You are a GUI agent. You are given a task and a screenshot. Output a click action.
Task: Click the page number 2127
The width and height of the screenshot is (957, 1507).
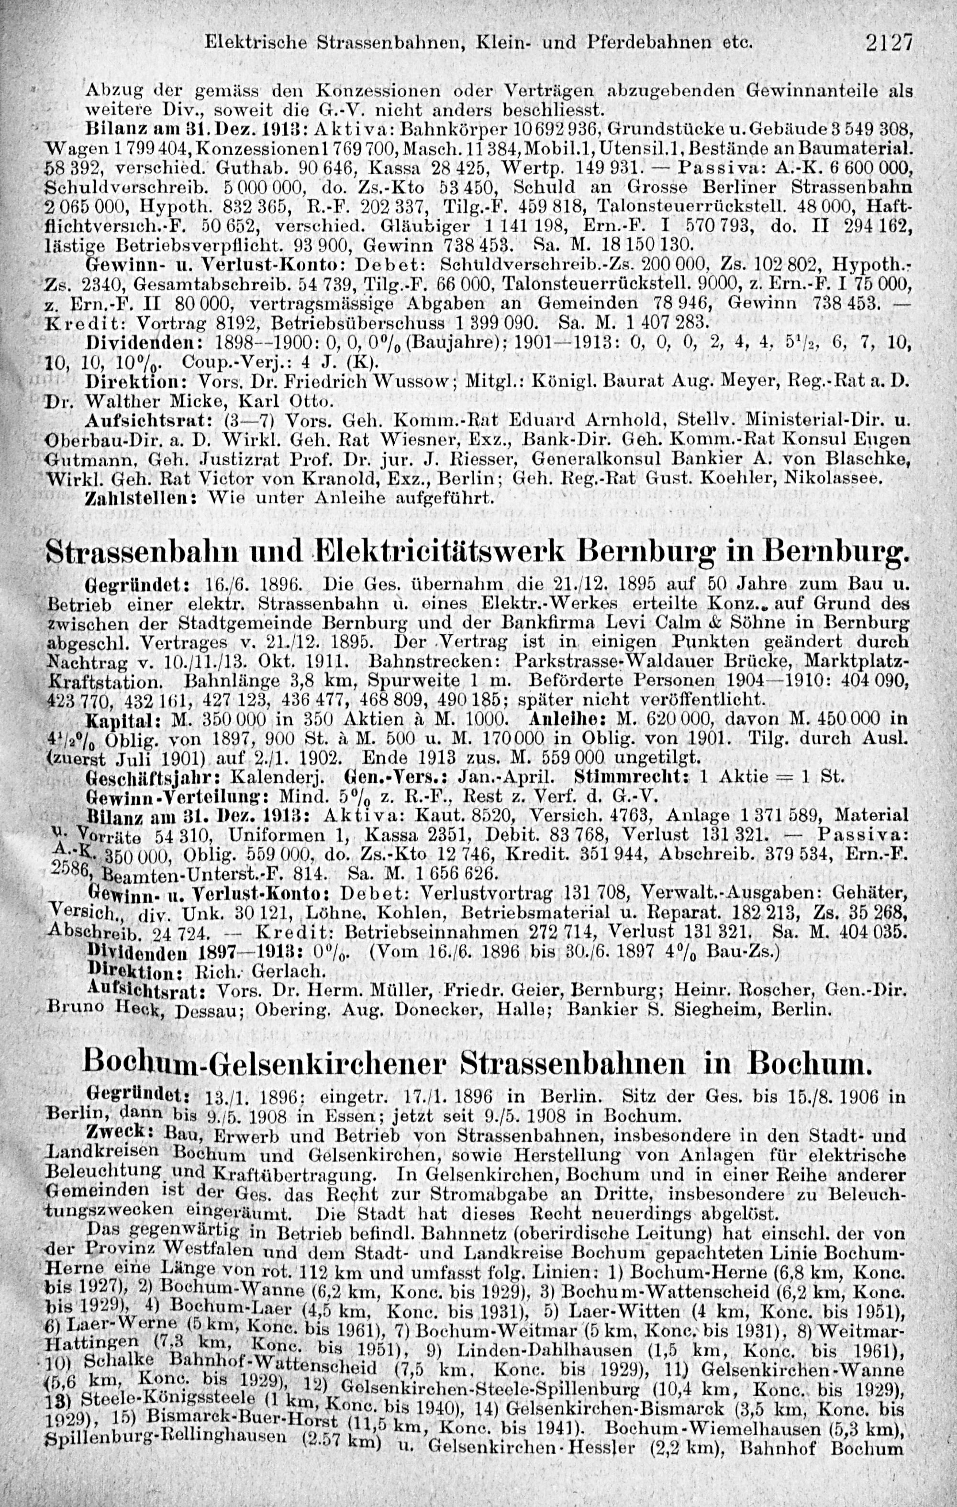coord(890,43)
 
